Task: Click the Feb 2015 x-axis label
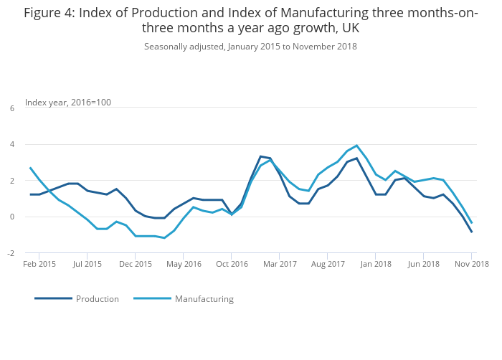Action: pos(39,264)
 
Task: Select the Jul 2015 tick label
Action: pos(87,264)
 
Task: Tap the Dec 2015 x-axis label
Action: pos(136,264)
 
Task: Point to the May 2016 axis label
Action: pos(184,264)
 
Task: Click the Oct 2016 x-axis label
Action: pos(232,264)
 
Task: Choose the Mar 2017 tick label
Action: pos(280,264)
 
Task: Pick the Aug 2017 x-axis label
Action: pos(328,264)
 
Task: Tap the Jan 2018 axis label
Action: pos(376,264)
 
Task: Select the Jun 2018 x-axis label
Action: pos(424,264)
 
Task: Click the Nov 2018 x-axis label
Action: pos(471,264)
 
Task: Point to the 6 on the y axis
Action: pos(11,108)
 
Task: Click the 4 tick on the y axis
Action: pos(11,144)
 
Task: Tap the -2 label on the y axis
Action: pos(11,253)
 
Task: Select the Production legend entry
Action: pos(98,298)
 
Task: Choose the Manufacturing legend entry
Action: pos(204,298)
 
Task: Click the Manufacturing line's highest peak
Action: pos(356,146)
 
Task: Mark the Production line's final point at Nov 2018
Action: pos(472,232)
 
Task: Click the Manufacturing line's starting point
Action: pos(30,168)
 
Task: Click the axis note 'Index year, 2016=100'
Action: pos(68,103)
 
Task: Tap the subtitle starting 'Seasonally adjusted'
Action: pos(250,47)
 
